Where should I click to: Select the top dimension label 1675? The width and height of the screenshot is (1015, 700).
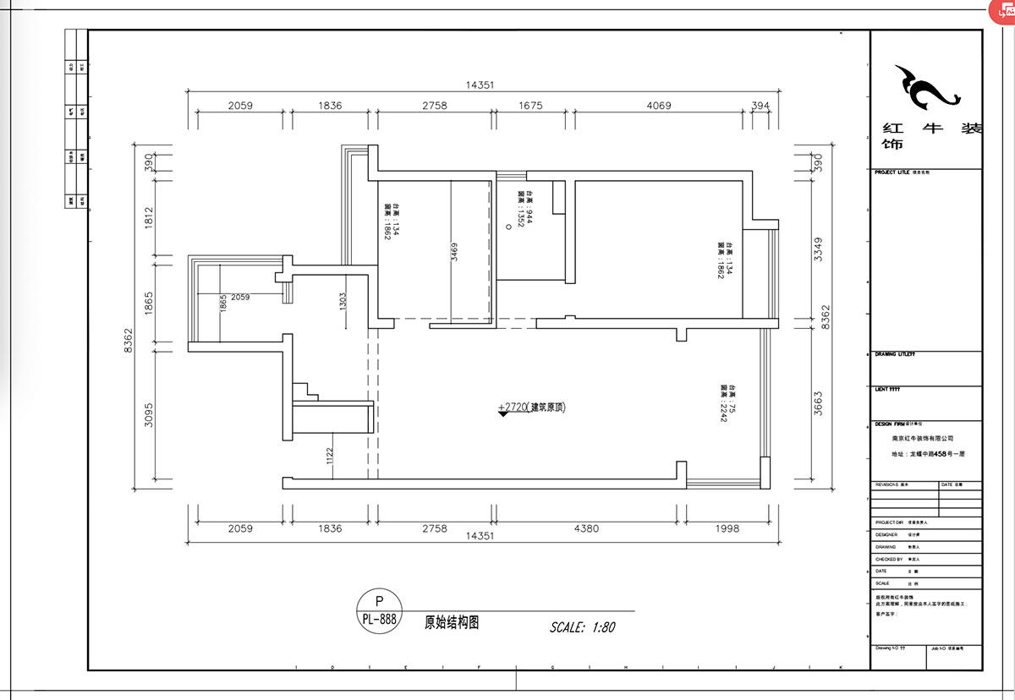click(x=530, y=106)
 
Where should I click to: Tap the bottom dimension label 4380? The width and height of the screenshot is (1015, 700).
click(x=586, y=528)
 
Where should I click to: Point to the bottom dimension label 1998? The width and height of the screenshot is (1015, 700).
click(x=726, y=528)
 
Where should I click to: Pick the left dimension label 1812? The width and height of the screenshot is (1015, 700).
click(x=147, y=221)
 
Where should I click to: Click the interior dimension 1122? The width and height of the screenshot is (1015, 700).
click(x=331, y=457)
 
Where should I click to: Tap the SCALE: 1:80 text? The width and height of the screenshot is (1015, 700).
click(x=582, y=627)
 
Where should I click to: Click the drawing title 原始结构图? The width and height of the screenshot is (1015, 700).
click(x=452, y=622)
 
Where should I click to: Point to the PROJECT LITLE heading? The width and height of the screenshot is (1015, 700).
click(x=892, y=172)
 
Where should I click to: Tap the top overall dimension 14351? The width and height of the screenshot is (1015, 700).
click(x=479, y=85)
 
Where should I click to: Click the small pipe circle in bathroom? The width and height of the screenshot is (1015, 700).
click(x=509, y=226)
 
